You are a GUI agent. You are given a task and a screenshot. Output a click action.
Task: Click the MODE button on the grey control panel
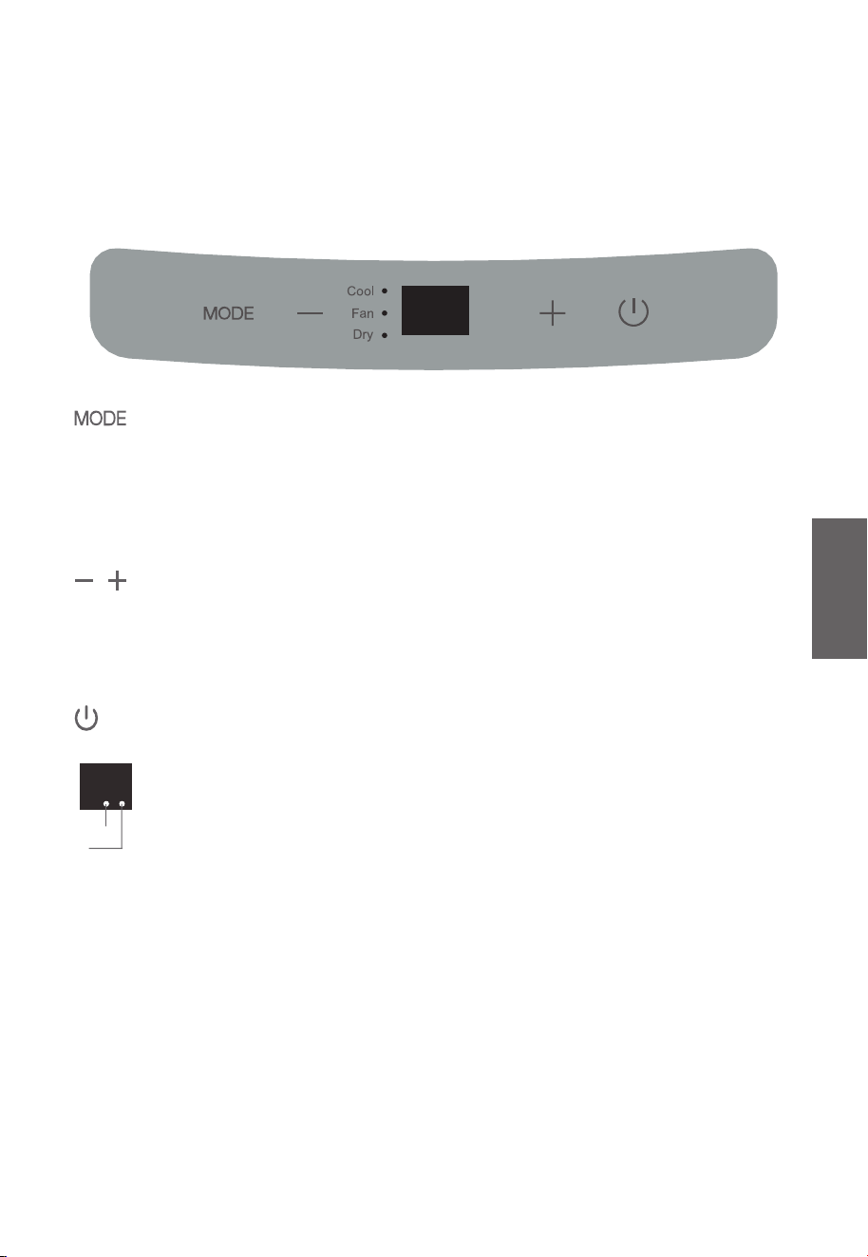point(228,313)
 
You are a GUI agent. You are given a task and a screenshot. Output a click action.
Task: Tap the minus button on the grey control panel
point(310,313)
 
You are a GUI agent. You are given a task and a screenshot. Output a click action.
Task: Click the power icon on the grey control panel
point(633,312)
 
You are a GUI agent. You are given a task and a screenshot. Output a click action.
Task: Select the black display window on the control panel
point(435,310)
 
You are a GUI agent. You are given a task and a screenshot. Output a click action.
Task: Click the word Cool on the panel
point(360,291)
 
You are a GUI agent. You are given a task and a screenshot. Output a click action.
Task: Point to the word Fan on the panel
point(362,313)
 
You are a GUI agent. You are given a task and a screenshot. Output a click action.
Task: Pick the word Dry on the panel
point(363,334)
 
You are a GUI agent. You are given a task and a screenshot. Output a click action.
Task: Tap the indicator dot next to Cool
point(385,291)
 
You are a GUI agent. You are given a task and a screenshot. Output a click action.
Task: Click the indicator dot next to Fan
point(385,313)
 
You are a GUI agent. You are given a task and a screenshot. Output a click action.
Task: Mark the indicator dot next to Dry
point(385,335)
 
